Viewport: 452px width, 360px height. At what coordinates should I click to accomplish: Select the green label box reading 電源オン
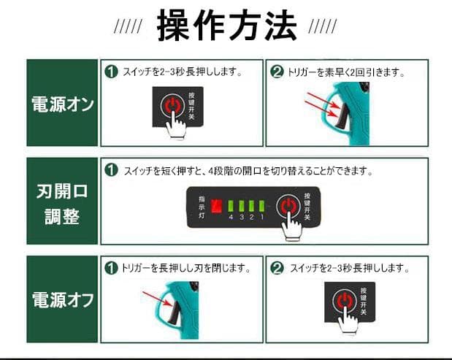click(62, 103)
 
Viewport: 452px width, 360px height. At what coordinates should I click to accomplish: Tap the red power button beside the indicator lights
click(288, 205)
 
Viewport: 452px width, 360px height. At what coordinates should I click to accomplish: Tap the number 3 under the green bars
click(241, 218)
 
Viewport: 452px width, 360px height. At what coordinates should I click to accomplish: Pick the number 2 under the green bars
click(251, 218)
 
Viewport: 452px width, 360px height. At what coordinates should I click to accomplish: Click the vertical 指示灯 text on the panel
click(200, 207)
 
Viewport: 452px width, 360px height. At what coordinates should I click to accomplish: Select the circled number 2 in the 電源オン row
click(277, 72)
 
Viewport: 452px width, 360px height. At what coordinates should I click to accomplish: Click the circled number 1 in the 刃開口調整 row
click(112, 170)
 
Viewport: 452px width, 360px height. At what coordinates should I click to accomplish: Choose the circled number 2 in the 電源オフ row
click(277, 268)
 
